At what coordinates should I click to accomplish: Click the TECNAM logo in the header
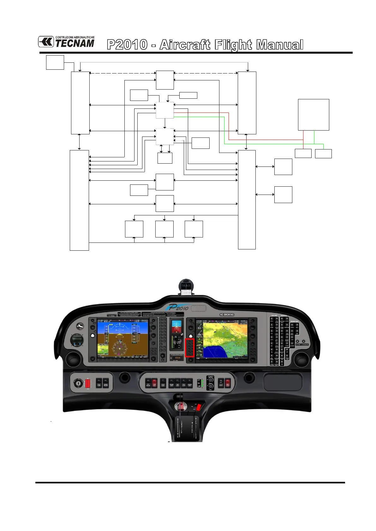pos(66,42)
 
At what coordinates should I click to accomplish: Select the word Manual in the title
pos(280,45)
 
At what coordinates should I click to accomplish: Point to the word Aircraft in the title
pos(185,45)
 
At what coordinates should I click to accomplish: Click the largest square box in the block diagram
pos(313,114)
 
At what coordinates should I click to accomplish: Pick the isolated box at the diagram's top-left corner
pos(55,62)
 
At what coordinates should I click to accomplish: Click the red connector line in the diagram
pos(229,126)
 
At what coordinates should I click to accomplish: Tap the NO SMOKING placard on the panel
pos(227,315)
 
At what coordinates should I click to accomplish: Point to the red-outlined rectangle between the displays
pos(190,348)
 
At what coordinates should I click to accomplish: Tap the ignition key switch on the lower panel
pos(78,382)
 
